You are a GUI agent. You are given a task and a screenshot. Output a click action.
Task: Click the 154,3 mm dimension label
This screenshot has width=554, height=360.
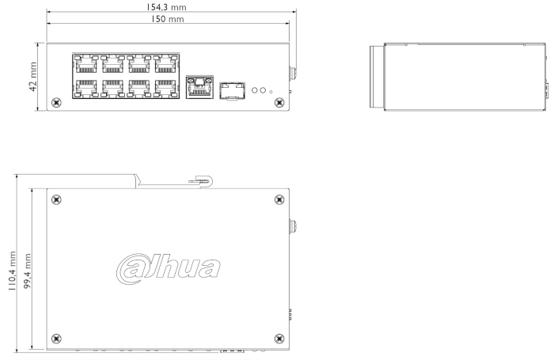point(166,7)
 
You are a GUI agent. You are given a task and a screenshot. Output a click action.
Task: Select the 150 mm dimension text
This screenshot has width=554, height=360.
point(168,19)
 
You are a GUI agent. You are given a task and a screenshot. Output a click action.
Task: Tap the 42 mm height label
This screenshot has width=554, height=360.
point(33,77)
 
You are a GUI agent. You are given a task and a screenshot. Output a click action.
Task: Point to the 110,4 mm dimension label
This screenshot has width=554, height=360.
point(12,271)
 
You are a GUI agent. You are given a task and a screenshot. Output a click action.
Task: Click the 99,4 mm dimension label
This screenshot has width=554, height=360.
point(27,271)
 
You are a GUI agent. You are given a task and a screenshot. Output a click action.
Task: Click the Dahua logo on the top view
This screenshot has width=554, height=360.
point(168,268)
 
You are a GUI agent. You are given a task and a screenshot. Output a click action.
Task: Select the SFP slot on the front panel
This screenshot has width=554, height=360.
point(232,91)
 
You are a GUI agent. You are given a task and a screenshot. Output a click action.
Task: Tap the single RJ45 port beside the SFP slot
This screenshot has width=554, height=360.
point(199,87)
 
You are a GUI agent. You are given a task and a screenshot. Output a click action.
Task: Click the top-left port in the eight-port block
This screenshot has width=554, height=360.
point(85,64)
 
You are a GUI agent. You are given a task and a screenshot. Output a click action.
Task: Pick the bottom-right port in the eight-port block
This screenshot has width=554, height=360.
point(165,88)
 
